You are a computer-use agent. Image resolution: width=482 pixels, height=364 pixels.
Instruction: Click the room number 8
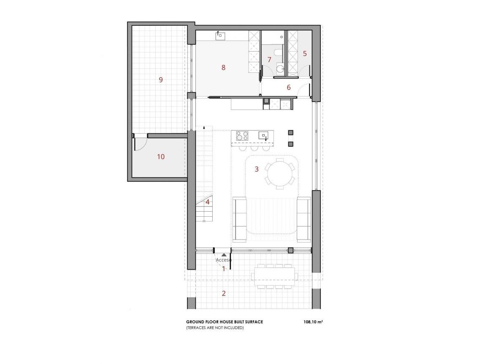(223, 67)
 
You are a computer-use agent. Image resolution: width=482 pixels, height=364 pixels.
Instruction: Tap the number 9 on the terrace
(161, 79)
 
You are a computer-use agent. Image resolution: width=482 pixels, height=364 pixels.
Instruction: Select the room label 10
(161, 157)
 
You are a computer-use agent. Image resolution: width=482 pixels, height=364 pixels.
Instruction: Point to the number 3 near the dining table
(257, 169)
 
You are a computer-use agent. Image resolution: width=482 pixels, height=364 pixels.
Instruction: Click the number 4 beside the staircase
(208, 202)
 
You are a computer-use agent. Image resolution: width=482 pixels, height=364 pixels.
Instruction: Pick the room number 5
(304, 54)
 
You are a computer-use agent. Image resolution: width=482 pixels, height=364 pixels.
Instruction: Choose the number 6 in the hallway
(289, 88)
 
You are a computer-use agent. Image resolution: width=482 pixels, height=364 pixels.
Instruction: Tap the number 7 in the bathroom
(269, 60)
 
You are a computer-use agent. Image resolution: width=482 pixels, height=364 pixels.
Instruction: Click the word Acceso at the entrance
(223, 260)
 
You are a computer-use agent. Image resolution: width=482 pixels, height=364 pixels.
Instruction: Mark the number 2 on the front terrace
(224, 293)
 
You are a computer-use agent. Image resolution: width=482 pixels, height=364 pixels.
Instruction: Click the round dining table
(279, 173)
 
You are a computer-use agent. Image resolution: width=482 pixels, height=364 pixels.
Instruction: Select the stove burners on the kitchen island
(242, 136)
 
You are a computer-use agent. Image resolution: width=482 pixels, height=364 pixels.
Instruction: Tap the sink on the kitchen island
(263, 135)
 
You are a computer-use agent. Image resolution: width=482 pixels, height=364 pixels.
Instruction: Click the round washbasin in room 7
(280, 68)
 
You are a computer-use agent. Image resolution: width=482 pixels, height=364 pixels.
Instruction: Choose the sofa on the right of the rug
(304, 219)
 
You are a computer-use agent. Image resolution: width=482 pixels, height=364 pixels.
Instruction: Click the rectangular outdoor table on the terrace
(274, 276)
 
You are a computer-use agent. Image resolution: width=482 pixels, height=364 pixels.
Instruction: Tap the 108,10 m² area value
(313, 322)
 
